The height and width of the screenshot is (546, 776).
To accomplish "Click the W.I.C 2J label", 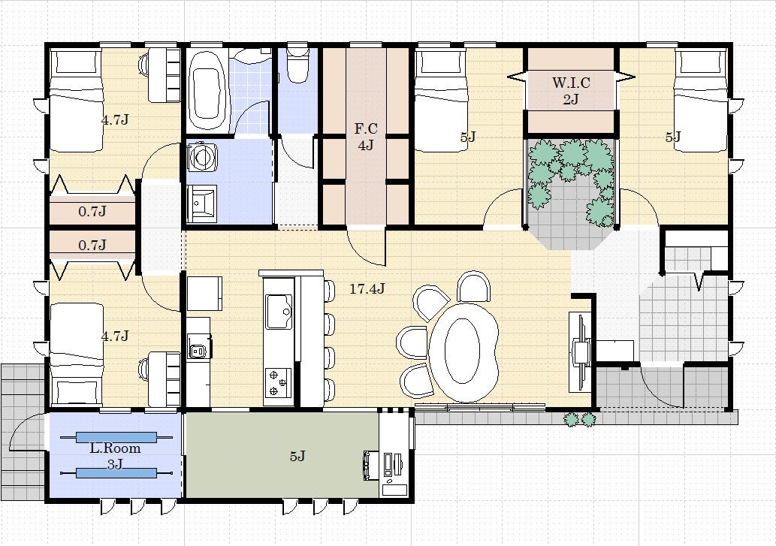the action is coord(571,91).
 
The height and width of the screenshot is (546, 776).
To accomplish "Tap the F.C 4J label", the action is coord(366,137).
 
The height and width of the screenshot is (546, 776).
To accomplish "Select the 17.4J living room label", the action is coord(367,289).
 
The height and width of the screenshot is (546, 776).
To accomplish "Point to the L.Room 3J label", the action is coord(116,456).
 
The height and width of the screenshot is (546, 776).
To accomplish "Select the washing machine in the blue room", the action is coord(202,156).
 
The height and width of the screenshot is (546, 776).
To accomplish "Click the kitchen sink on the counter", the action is coord(279,312).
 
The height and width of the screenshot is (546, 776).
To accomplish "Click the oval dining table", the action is coord(463,352).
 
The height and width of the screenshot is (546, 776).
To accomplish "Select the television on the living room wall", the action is coord(579,351).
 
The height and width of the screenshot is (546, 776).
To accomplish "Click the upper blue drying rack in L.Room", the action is coord(116,438).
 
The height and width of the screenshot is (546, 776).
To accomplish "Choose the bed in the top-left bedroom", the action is coord(76,101).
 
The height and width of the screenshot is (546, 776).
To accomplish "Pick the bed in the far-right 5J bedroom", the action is coord(701,101).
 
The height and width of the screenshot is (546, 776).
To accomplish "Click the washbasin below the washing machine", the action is coord(202,204).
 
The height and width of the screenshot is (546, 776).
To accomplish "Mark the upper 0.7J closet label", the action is coord(92,212).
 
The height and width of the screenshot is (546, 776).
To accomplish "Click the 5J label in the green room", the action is coord(297,456).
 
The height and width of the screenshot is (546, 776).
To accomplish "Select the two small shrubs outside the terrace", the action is coord(579,419).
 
